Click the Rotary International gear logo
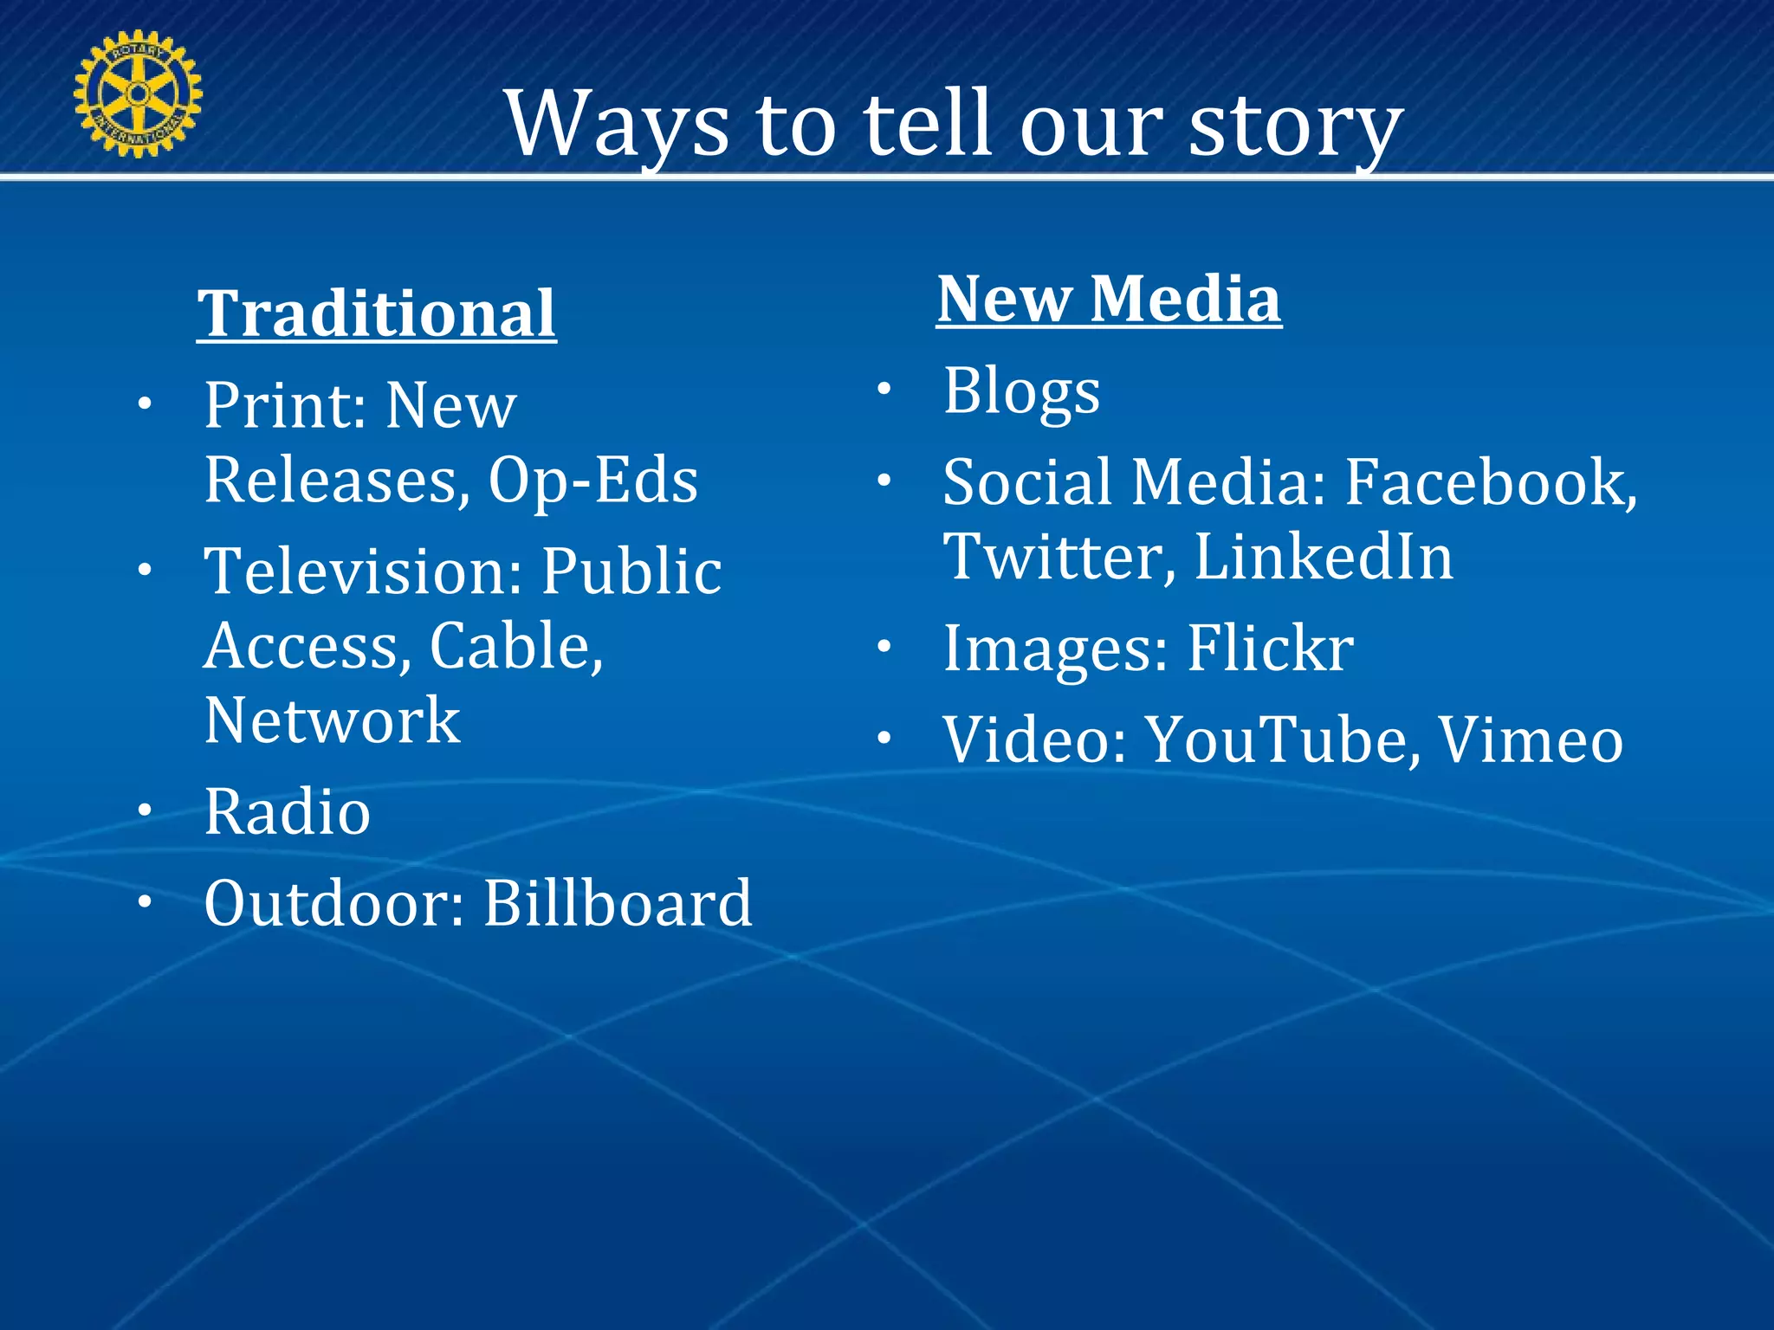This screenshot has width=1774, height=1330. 138,94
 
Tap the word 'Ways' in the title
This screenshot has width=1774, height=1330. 616,126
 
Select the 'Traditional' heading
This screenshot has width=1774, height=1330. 376,313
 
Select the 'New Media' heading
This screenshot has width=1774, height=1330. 1109,299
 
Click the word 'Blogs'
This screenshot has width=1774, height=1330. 1021,391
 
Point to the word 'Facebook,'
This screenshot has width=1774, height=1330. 1491,482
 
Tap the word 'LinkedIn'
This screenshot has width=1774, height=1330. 1324,557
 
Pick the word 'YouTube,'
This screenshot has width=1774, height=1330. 1283,740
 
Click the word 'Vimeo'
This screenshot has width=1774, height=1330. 1530,740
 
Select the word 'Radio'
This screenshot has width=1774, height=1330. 288,812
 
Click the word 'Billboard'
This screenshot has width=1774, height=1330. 617,904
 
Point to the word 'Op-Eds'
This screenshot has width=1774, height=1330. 592,481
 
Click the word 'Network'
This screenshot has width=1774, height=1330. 332,720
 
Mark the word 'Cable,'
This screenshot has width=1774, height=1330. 516,647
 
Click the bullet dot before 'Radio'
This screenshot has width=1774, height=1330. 145,810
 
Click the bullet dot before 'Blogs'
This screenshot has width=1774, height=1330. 884,389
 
